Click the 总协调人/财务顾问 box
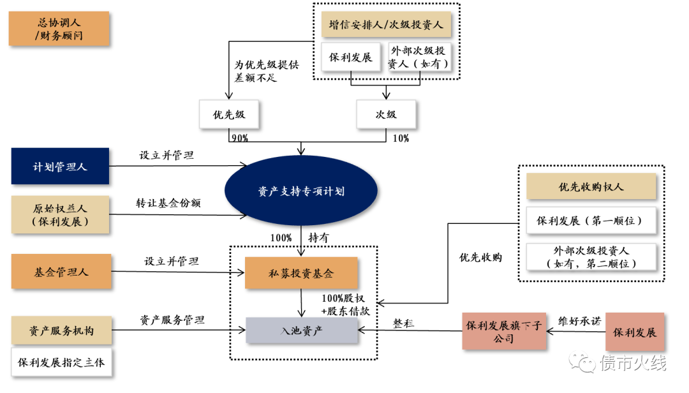(59, 29)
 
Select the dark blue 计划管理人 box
(60, 167)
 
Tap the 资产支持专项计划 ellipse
(301, 191)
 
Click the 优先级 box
(229, 115)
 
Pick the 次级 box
(386, 115)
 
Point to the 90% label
(240, 138)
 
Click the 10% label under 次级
(401, 138)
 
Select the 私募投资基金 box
(301, 274)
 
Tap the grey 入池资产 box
(302, 330)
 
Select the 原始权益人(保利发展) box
(61, 215)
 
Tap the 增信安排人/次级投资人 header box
(386, 26)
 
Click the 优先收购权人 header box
(591, 187)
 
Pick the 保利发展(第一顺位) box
(591, 221)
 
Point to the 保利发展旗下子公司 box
(504, 332)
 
